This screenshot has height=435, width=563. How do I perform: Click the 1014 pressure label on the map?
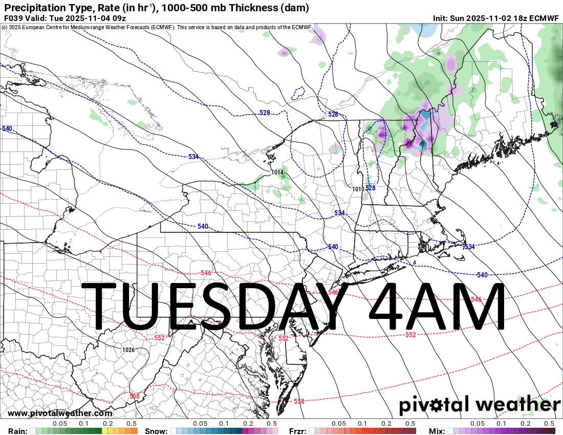[x=277, y=172]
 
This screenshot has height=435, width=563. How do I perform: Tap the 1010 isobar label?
[x=358, y=189]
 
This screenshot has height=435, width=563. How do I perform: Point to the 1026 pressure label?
[x=128, y=350]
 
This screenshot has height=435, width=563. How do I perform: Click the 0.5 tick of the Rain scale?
[x=132, y=424]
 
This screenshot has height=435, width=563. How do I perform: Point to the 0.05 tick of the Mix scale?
[x=477, y=424]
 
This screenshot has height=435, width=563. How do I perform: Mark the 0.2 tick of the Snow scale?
[x=248, y=424]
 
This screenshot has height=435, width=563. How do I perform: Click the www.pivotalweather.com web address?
[x=60, y=414]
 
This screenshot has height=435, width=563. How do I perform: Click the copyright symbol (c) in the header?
[x=5, y=27]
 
